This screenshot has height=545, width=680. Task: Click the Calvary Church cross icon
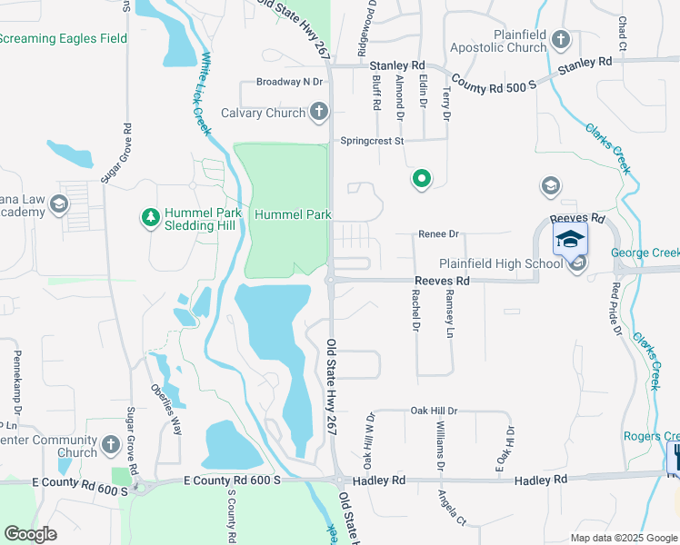[x=318, y=113]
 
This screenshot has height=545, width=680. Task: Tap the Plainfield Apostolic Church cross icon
[x=561, y=40]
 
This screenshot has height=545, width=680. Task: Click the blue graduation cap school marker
[x=570, y=239]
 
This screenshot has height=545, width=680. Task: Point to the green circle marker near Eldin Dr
[x=421, y=179]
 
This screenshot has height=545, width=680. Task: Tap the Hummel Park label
[x=292, y=214]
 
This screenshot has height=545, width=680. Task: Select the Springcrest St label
[x=371, y=141]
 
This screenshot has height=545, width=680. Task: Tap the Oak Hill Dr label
[x=433, y=411]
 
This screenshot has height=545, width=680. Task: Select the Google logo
[x=30, y=534]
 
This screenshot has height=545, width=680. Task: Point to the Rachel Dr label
[x=415, y=310]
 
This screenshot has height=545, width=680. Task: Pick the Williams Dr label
[x=440, y=446]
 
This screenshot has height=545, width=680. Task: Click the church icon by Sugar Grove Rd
[x=111, y=445]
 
